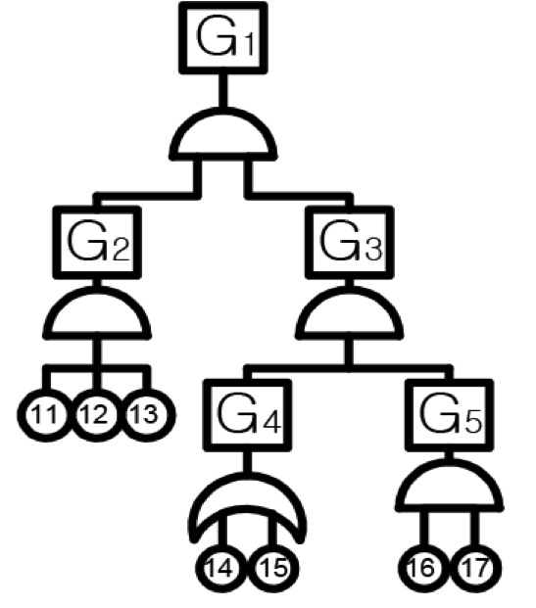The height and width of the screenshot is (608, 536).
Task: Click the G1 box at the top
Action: click(223, 37)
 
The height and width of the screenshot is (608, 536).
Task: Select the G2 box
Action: click(97, 243)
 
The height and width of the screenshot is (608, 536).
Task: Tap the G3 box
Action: click(350, 243)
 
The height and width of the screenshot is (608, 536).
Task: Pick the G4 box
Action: click(248, 415)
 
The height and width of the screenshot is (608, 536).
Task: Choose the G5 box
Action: click(450, 415)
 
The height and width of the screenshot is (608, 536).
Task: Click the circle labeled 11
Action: click(45, 415)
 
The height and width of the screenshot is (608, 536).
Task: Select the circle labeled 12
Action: click(96, 415)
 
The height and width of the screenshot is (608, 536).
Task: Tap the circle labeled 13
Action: click(147, 415)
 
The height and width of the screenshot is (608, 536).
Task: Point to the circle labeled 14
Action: click(220, 569)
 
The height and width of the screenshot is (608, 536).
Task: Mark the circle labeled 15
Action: click(273, 569)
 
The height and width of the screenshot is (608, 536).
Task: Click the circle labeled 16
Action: click(423, 569)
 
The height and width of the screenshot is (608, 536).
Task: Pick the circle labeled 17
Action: click(476, 569)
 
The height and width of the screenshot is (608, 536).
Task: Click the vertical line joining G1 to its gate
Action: click(222, 90)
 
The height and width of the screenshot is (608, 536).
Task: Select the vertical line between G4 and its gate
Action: click(246, 462)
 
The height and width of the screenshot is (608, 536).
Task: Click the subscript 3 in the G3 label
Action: click(373, 249)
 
